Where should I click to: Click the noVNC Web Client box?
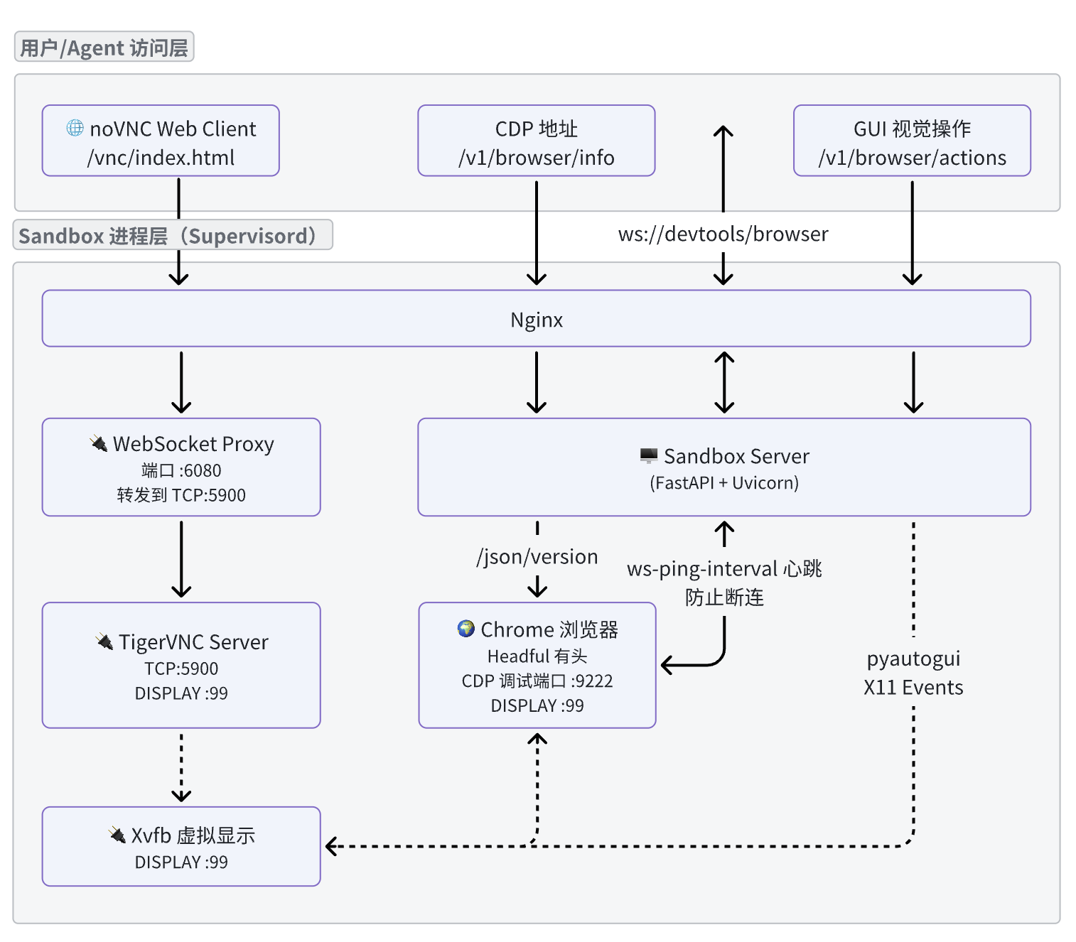(x=161, y=141)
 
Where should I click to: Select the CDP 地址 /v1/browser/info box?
(x=536, y=141)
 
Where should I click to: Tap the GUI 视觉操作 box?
(x=912, y=141)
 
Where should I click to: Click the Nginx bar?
(x=536, y=319)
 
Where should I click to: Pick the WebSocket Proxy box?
(x=181, y=467)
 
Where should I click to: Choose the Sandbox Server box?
(x=723, y=467)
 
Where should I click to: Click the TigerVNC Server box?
(x=181, y=666)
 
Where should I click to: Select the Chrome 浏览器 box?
(x=537, y=666)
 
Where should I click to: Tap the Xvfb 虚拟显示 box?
(x=181, y=847)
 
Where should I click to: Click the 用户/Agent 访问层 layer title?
(x=104, y=48)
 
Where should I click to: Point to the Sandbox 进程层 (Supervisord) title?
(x=172, y=235)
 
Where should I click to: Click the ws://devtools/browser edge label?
(x=723, y=234)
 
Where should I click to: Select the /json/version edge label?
(x=537, y=557)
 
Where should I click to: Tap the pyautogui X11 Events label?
(x=913, y=673)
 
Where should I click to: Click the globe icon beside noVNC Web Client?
(x=75, y=128)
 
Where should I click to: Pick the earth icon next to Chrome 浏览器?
(x=466, y=628)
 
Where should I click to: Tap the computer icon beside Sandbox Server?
(x=648, y=455)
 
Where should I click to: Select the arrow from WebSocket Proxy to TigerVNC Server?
(x=181, y=558)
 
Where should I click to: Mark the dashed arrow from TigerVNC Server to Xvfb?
(x=181, y=767)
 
